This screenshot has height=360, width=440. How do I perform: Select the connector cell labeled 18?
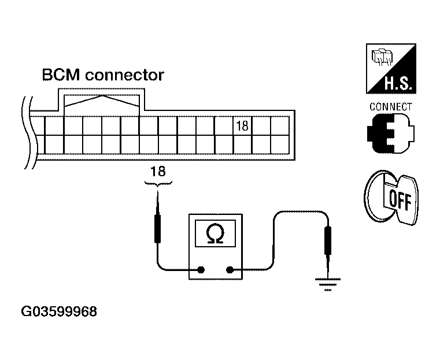click(242, 125)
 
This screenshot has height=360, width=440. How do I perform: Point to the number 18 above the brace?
click(157, 171)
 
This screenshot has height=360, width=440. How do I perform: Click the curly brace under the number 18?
click(157, 183)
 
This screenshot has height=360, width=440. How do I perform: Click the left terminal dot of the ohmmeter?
click(201, 269)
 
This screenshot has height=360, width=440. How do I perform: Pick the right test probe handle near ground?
click(328, 239)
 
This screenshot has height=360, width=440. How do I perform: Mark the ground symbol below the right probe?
click(328, 284)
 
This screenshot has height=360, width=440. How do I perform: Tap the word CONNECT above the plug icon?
click(390, 107)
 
